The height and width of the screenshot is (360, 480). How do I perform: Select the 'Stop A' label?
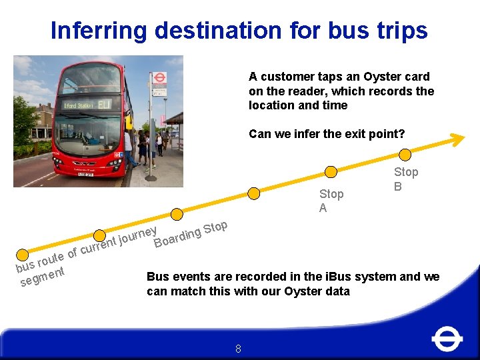click(x=331, y=201)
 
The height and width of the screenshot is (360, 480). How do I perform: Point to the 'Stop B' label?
click(x=405, y=179)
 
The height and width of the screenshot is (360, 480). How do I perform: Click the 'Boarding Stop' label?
click(x=191, y=234)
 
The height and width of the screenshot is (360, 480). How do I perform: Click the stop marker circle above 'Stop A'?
click(x=329, y=171)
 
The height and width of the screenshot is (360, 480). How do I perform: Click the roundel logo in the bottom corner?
click(x=447, y=339)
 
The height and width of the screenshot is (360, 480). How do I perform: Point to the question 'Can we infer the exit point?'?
click(x=327, y=134)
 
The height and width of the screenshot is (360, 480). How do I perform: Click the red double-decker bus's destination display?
click(x=87, y=105)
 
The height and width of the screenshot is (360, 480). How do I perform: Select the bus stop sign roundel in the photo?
click(x=159, y=78)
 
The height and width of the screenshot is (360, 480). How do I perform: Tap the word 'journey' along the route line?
click(x=137, y=236)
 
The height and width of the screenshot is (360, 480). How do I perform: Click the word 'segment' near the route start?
click(x=42, y=277)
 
